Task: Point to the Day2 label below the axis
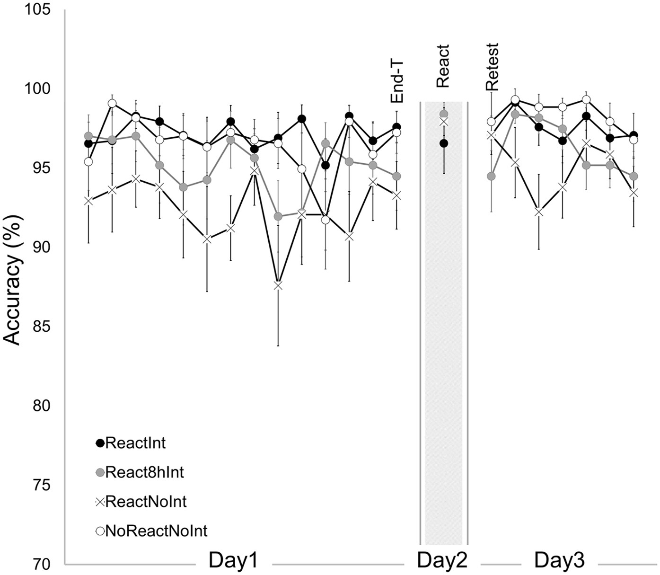442,561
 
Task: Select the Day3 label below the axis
560,561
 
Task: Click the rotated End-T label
396,84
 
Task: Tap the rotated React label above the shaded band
443,66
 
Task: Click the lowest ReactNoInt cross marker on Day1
278,286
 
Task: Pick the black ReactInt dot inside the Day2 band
444,143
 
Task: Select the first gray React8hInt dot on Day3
491,176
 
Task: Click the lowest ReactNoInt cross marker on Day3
538,212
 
